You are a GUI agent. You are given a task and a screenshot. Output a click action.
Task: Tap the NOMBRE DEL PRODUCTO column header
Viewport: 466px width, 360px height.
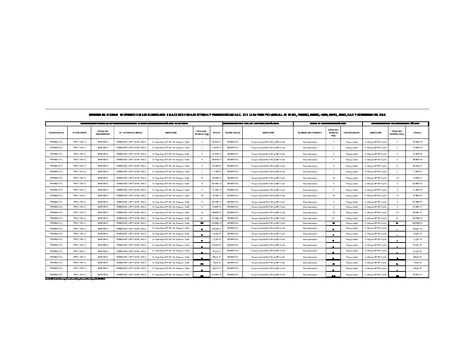[x=311, y=132]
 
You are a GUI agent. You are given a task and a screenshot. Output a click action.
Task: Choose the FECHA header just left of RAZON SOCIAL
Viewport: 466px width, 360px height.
[x=217, y=132]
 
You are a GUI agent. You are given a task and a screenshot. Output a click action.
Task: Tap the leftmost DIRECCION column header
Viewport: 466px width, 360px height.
[x=170, y=132]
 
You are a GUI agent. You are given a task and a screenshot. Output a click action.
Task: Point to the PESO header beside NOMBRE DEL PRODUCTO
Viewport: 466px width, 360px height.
[x=333, y=132]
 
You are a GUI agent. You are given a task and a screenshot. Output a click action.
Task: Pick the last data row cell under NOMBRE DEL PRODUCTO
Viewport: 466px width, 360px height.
[x=311, y=274]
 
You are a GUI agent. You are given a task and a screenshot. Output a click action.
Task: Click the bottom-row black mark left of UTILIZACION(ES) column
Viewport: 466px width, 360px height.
[x=333, y=274]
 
